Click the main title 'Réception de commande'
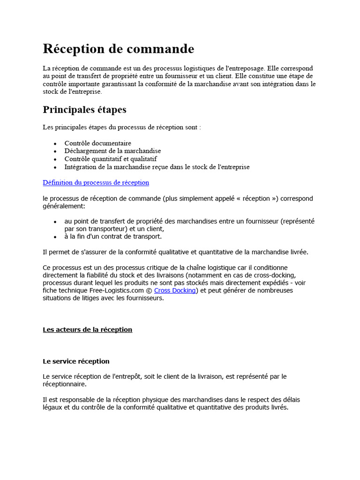pyautogui.click(x=118, y=49)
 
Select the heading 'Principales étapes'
pyautogui.click(x=84, y=110)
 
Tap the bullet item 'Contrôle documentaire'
pyautogui.click(x=97, y=143)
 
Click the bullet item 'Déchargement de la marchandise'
pyautogui.click(x=112, y=151)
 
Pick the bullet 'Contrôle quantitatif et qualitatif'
pyautogui.click(x=111, y=159)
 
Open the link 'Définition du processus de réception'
pyautogui.click(x=96, y=182)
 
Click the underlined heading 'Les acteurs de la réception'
pyautogui.click(x=87, y=330)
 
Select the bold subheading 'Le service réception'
pyautogui.click(x=76, y=361)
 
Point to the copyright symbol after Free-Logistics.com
pyautogui.click(x=149, y=291)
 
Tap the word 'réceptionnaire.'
pyautogui.click(x=64, y=384)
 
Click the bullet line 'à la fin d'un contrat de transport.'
pyautogui.click(x=113, y=236)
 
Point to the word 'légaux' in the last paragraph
pyautogui.click(x=52, y=407)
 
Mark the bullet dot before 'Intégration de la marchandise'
pyautogui.click(x=55, y=167)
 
